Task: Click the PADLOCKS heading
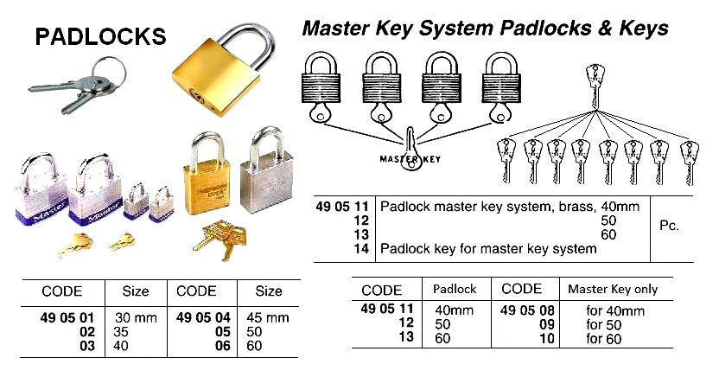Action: click(x=100, y=36)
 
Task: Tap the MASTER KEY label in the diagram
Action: click(x=410, y=159)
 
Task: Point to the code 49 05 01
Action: click(x=59, y=317)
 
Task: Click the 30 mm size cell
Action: click(x=136, y=317)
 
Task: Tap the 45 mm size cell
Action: click(x=270, y=317)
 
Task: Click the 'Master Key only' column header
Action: click(x=613, y=289)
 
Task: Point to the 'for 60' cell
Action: click(x=606, y=338)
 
